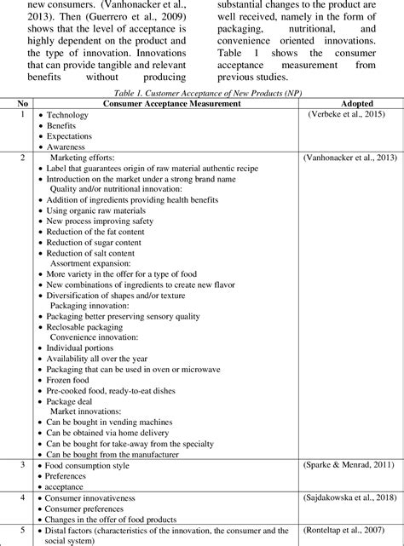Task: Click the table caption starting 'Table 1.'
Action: (x=202, y=93)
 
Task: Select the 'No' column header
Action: (x=23, y=103)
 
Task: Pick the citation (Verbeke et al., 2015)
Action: (x=349, y=113)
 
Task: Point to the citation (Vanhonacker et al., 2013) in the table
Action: (x=349, y=158)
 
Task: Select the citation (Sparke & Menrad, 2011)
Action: (x=349, y=464)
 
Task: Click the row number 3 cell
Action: (x=23, y=464)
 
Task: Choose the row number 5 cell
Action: (x=23, y=528)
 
